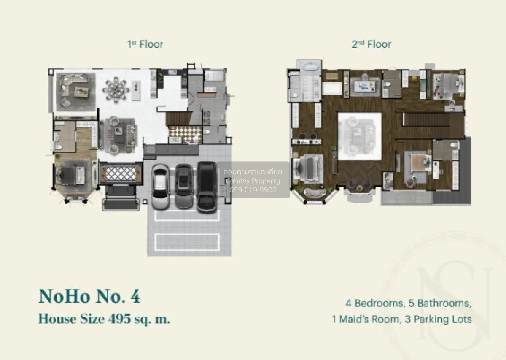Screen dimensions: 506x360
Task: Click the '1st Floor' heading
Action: [145, 44]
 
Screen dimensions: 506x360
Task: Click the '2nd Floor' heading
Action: [371, 44]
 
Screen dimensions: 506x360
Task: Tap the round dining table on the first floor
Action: [116, 90]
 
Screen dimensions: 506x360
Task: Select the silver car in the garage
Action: [160, 187]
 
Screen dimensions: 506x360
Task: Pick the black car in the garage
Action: [207, 187]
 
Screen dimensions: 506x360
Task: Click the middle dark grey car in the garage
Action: [184, 187]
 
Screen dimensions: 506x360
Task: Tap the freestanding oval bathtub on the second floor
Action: [310, 66]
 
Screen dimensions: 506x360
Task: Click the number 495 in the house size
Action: [119, 319]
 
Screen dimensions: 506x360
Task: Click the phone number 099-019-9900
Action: [253, 190]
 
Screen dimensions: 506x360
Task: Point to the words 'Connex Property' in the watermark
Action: [253, 181]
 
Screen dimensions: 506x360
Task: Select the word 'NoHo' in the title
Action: [65, 296]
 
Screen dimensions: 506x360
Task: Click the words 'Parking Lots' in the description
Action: [443, 319]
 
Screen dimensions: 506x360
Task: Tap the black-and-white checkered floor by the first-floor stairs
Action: [185, 134]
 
